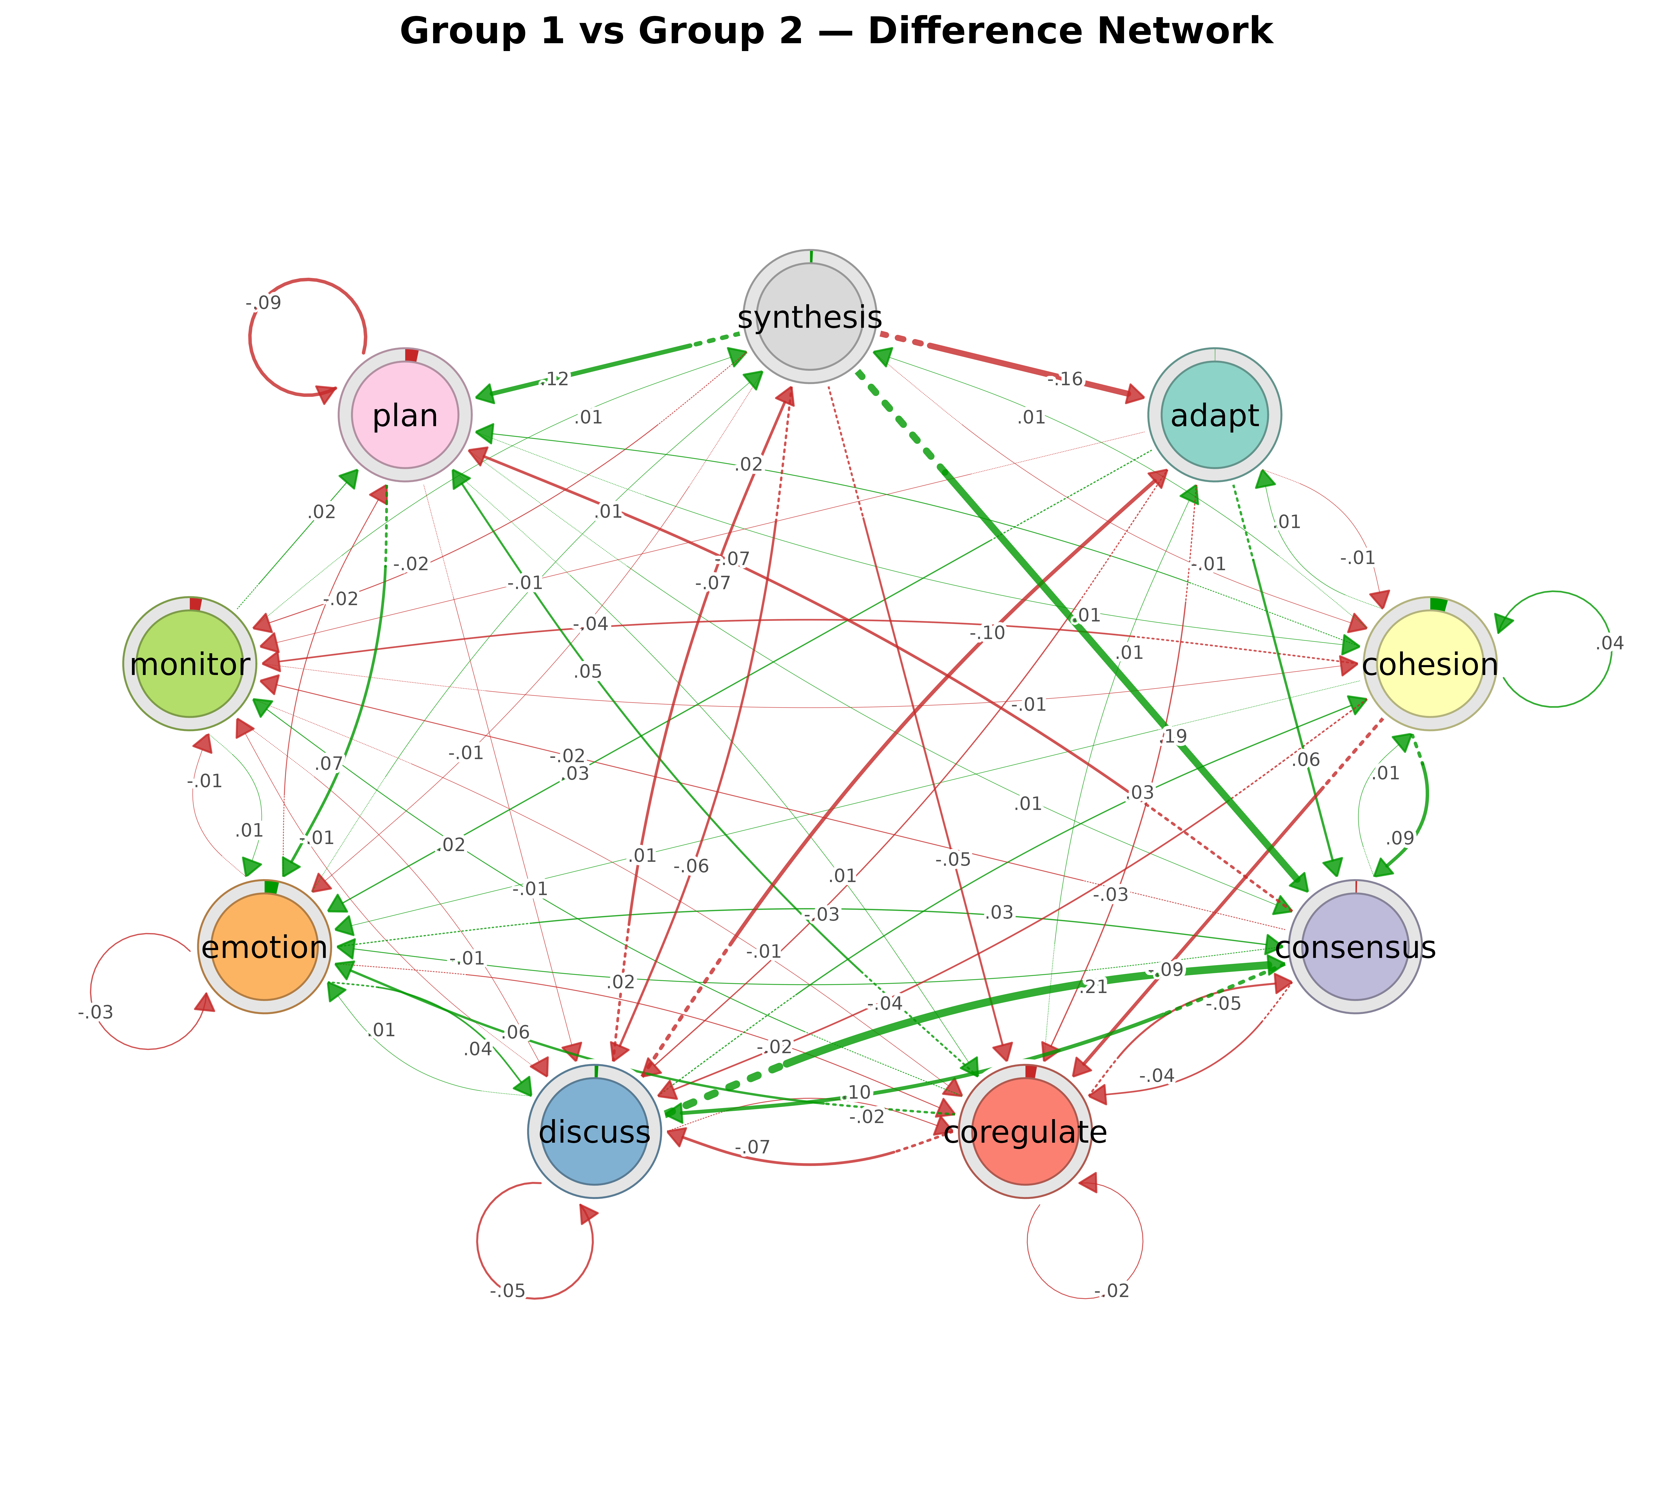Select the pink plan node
coord(405,415)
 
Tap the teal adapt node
coord(1215,415)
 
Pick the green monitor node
coord(190,663)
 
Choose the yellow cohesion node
coord(1429,663)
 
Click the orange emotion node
coord(264,947)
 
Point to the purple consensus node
coord(1355,947)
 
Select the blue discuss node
coord(594,1131)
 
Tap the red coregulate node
coord(1025,1131)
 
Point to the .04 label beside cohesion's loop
coord(1609,643)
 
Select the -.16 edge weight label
coord(1065,379)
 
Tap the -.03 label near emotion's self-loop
coord(96,1012)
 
